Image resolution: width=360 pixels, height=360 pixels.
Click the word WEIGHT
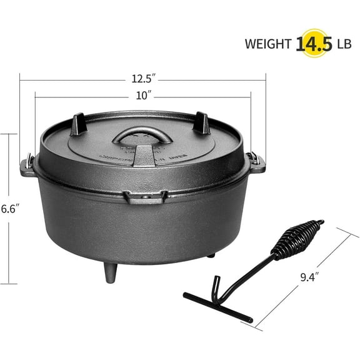(x=267, y=44)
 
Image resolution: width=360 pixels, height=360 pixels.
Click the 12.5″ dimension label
(x=144, y=78)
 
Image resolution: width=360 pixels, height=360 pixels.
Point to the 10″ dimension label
(x=143, y=96)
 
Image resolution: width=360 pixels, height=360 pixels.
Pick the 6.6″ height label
(x=8, y=209)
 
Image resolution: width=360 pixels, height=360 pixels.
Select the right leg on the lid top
(x=202, y=123)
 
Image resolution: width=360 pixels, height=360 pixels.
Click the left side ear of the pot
(x=28, y=167)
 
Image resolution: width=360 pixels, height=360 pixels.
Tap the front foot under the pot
(x=111, y=272)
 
